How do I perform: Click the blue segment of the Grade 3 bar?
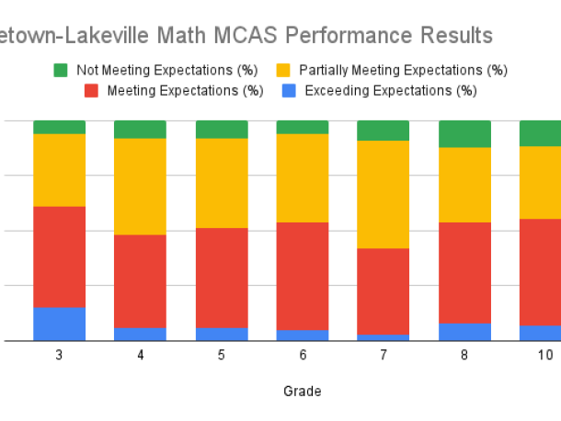pos(60,324)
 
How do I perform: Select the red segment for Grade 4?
pos(140,281)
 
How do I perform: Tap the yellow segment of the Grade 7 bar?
pos(383,194)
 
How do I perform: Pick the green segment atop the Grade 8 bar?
pos(464,133)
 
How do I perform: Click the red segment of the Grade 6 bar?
pos(303,276)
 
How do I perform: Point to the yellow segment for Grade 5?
pos(222,183)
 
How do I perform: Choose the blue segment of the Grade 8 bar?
pos(464,332)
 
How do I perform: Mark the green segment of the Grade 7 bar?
pos(383,131)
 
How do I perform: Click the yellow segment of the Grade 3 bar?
pos(60,170)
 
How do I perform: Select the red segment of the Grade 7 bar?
pos(383,291)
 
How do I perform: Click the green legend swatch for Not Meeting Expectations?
pos(61,70)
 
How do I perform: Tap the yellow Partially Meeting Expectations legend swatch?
pos(283,70)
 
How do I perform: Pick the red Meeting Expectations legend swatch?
pos(92,90)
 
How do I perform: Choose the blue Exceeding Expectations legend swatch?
pos(287,90)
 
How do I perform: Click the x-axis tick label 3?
pos(60,355)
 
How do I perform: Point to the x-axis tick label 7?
pos(383,355)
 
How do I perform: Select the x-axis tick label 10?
pos(545,355)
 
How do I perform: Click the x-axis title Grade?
pos(303,391)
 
